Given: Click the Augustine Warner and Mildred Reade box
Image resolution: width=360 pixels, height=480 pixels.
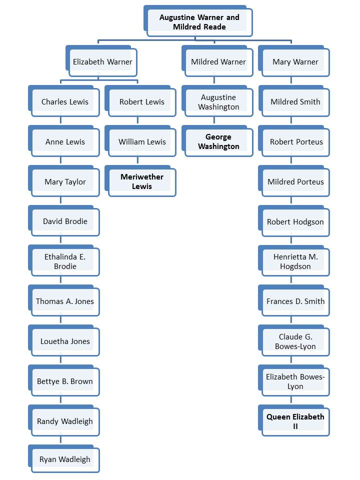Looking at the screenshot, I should pyautogui.click(x=199, y=22).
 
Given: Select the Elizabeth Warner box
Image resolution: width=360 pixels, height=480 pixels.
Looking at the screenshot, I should pyautogui.click(x=102, y=62).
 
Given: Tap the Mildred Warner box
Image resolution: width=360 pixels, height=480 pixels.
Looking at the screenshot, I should pyautogui.click(x=218, y=62).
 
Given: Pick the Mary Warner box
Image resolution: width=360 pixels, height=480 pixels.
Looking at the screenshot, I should pyautogui.click(x=295, y=62).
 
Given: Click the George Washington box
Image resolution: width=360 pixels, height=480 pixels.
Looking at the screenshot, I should pyautogui.click(x=218, y=141).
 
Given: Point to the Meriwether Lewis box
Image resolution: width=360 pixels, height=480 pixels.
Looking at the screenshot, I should pyautogui.click(x=141, y=181).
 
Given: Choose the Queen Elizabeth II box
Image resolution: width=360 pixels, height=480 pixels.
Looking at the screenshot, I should pyautogui.click(x=295, y=421).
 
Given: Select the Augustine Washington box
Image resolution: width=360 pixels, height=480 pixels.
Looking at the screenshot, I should pyautogui.click(x=218, y=102).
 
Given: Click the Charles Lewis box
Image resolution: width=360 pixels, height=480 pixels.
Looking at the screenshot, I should pyautogui.click(x=64, y=102).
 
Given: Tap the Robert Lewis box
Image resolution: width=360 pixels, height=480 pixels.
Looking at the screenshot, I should pyautogui.click(x=141, y=102).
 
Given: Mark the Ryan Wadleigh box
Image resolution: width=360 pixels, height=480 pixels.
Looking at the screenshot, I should pyautogui.click(x=64, y=459).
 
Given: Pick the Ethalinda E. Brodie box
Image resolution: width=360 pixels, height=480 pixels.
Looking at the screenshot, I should pyautogui.click(x=64, y=261).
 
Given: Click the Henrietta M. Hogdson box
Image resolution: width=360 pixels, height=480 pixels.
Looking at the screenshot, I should pyautogui.click(x=295, y=261).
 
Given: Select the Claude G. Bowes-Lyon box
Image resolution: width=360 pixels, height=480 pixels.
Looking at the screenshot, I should pyautogui.click(x=295, y=341).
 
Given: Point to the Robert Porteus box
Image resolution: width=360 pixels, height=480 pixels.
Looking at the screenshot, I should pyautogui.click(x=295, y=142).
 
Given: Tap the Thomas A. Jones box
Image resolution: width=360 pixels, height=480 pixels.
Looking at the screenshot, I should pyautogui.click(x=64, y=301).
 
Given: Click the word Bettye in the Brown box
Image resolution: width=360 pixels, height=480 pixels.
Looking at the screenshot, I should pyautogui.click(x=48, y=381).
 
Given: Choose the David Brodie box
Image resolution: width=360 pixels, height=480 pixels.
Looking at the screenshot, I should pyautogui.click(x=64, y=221).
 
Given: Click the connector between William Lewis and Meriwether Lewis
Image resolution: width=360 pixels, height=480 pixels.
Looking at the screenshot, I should pyautogui.click(x=137, y=160).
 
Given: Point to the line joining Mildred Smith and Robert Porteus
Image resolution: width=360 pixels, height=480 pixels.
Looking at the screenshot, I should pyautogui.click(x=291, y=120).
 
